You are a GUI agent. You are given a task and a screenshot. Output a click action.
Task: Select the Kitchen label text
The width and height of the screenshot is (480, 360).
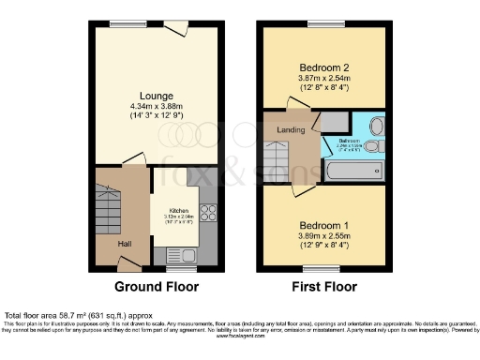point(179,211)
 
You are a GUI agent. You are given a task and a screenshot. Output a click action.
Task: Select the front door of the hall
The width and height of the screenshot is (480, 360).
point(121,268)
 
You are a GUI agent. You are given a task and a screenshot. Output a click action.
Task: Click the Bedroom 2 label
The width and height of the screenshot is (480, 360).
point(323,68)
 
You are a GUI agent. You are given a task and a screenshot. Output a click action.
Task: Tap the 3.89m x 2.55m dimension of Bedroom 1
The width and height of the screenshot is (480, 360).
point(323,237)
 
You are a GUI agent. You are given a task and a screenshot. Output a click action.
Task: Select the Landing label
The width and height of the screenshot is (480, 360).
point(290,129)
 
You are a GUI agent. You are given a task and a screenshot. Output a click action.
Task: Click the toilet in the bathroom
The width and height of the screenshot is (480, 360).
point(371,147)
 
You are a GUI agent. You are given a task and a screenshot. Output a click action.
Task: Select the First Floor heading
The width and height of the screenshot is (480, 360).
point(324,286)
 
